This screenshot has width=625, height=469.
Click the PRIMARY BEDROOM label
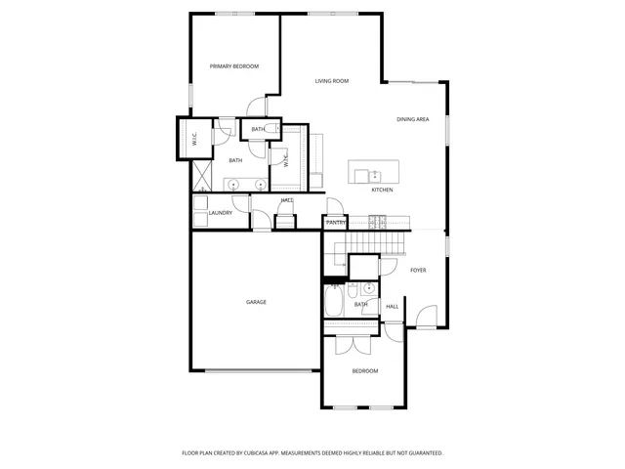pyautogui.click(x=234, y=66)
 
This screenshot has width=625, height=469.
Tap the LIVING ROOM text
pyautogui.click(x=332, y=81)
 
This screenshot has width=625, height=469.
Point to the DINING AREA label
pyautogui.click(x=413, y=119)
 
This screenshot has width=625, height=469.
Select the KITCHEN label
pyautogui.click(x=382, y=190)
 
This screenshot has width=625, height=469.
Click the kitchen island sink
pyautogui.click(x=375, y=175)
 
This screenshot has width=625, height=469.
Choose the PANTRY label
pyautogui.click(x=336, y=223)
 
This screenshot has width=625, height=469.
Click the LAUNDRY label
pyautogui.click(x=221, y=212)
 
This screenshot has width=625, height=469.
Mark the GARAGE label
pyautogui.click(x=256, y=302)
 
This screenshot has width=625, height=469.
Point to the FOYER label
pyautogui.click(x=418, y=270)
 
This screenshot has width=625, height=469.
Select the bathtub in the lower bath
pyautogui.click(x=332, y=304)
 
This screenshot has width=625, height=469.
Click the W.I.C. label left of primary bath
pyautogui.click(x=194, y=138)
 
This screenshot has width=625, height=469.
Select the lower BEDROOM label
pyautogui.click(x=365, y=371)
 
